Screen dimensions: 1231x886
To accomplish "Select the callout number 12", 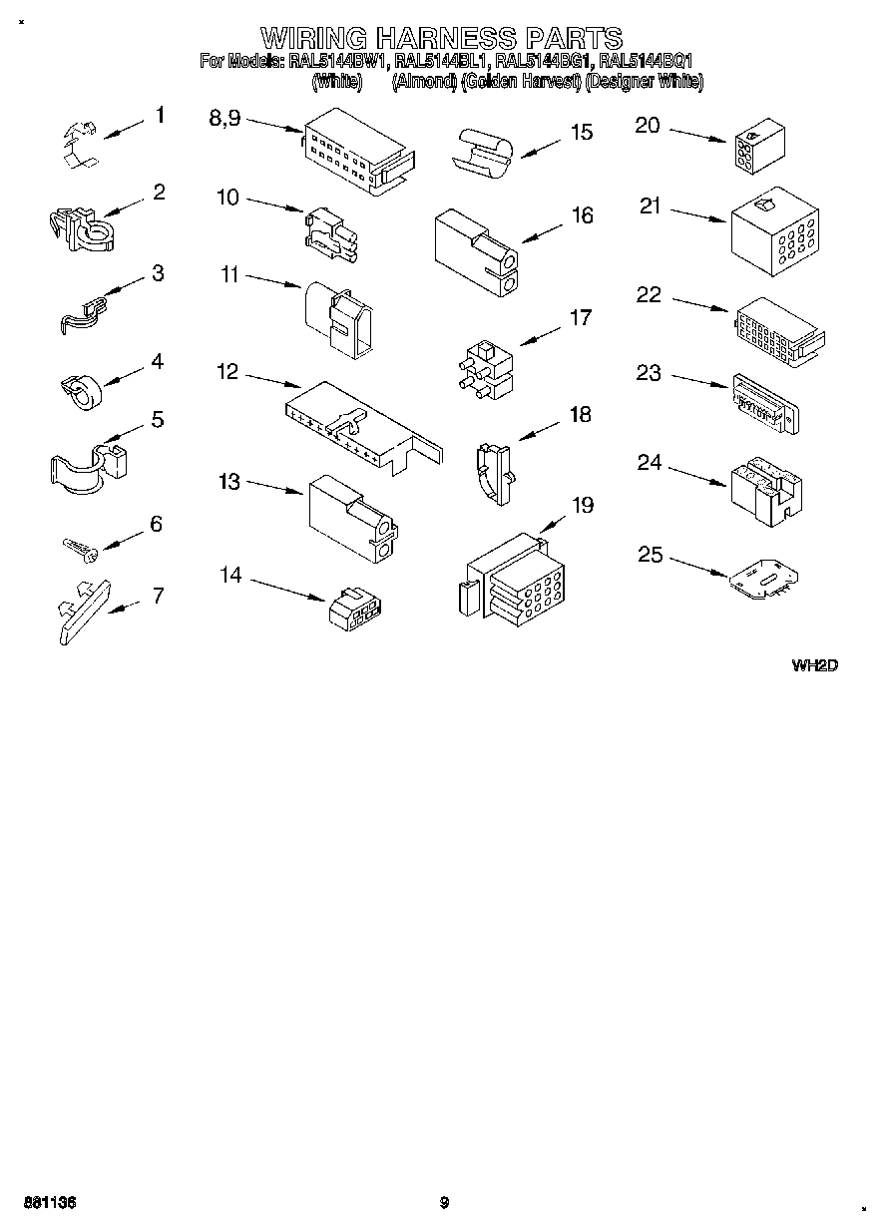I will pyautogui.click(x=227, y=372).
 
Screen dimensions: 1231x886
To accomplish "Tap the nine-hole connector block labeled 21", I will pyautogui.click(x=774, y=230).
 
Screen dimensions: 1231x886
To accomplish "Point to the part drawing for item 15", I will pyautogui.click(x=483, y=152).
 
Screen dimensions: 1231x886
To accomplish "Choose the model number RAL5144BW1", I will pyautogui.click(x=338, y=61).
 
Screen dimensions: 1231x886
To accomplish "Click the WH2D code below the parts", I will pyautogui.click(x=813, y=664).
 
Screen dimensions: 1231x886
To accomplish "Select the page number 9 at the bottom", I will pyautogui.click(x=444, y=1203).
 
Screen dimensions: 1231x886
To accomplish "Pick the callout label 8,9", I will pyautogui.click(x=224, y=118).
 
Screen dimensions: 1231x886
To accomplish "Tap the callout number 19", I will pyautogui.click(x=582, y=505).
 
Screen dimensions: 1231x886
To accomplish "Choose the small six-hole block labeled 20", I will pyautogui.click(x=757, y=148).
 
